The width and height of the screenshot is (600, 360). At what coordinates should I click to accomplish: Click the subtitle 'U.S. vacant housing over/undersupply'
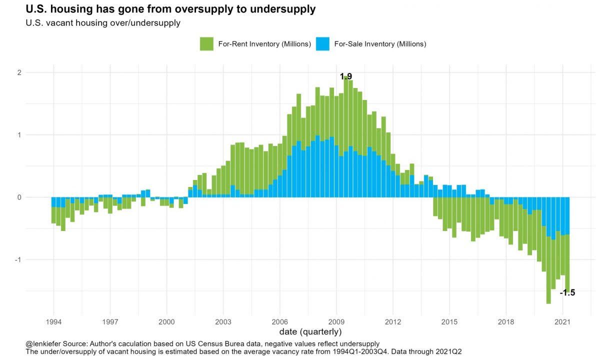tap(103, 23)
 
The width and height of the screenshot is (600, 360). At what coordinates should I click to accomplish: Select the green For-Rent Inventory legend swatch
tap(206, 44)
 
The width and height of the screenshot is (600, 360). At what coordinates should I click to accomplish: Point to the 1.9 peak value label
tap(346, 76)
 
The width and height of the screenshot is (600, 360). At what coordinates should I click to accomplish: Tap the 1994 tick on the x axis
tap(53, 321)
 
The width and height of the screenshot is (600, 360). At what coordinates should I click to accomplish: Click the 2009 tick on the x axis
tap(336, 321)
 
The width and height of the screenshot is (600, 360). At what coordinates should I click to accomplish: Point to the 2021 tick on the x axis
tap(563, 321)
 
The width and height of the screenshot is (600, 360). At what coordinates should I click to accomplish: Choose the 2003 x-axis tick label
tap(223, 321)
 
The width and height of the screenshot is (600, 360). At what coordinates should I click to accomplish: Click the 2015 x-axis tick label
tap(450, 321)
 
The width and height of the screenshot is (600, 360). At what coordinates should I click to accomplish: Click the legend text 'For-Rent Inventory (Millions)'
tap(264, 44)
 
